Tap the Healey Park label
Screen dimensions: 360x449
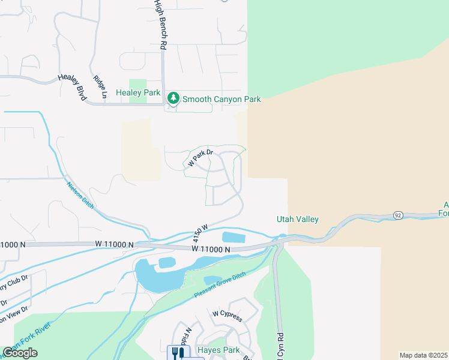tap(138, 93)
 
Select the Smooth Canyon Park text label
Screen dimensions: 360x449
tap(221, 99)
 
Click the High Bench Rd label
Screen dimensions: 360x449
tap(161, 24)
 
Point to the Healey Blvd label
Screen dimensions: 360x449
tap(73, 86)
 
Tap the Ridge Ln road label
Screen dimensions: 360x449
tap(100, 87)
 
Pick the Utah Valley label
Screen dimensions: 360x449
tap(297, 220)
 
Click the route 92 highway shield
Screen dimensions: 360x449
tap(397, 215)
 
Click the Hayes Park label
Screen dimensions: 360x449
tap(218, 350)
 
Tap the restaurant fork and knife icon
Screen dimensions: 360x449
tap(176, 353)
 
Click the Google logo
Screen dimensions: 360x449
tap(20, 353)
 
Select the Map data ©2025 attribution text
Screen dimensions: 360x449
tap(424, 355)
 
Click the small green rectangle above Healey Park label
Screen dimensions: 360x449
tap(138, 83)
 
